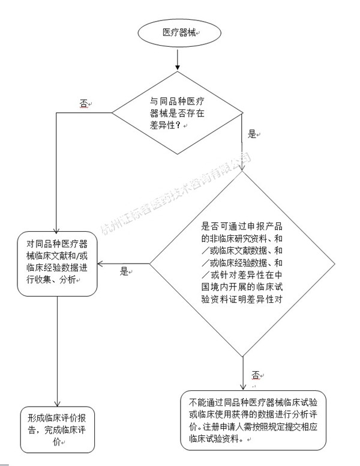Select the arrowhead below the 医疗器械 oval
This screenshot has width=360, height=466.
click(x=178, y=67)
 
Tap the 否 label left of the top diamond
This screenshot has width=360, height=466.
click(x=83, y=103)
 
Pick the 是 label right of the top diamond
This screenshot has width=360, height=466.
click(x=252, y=134)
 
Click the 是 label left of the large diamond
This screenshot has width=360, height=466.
click(x=124, y=271)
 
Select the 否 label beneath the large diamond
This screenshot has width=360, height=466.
click(x=256, y=375)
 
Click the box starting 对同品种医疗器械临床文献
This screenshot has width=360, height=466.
click(x=57, y=264)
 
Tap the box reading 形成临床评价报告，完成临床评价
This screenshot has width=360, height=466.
click(x=58, y=429)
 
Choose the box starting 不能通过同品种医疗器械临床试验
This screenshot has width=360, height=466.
click(x=253, y=420)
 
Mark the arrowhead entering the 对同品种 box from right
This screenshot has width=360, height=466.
click(x=101, y=264)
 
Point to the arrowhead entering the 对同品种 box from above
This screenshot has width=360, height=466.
click(x=56, y=229)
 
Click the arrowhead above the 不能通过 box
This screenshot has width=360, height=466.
click(x=243, y=387)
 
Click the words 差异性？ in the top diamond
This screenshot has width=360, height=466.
click(x=165, y=125)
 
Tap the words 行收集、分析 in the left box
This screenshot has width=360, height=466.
click(x=51, y=280)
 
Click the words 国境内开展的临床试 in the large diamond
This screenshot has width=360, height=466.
click(x=242, y=287)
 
